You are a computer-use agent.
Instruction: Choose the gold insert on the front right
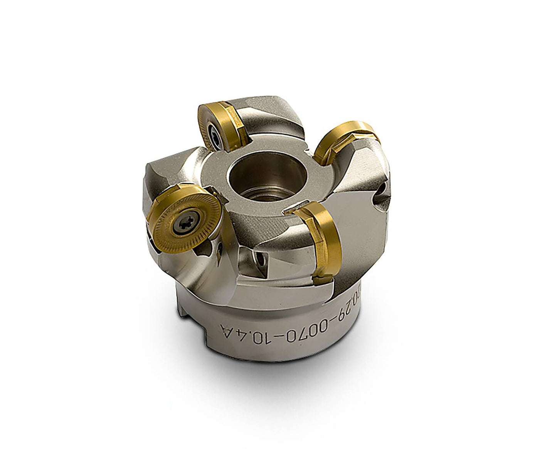320,239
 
